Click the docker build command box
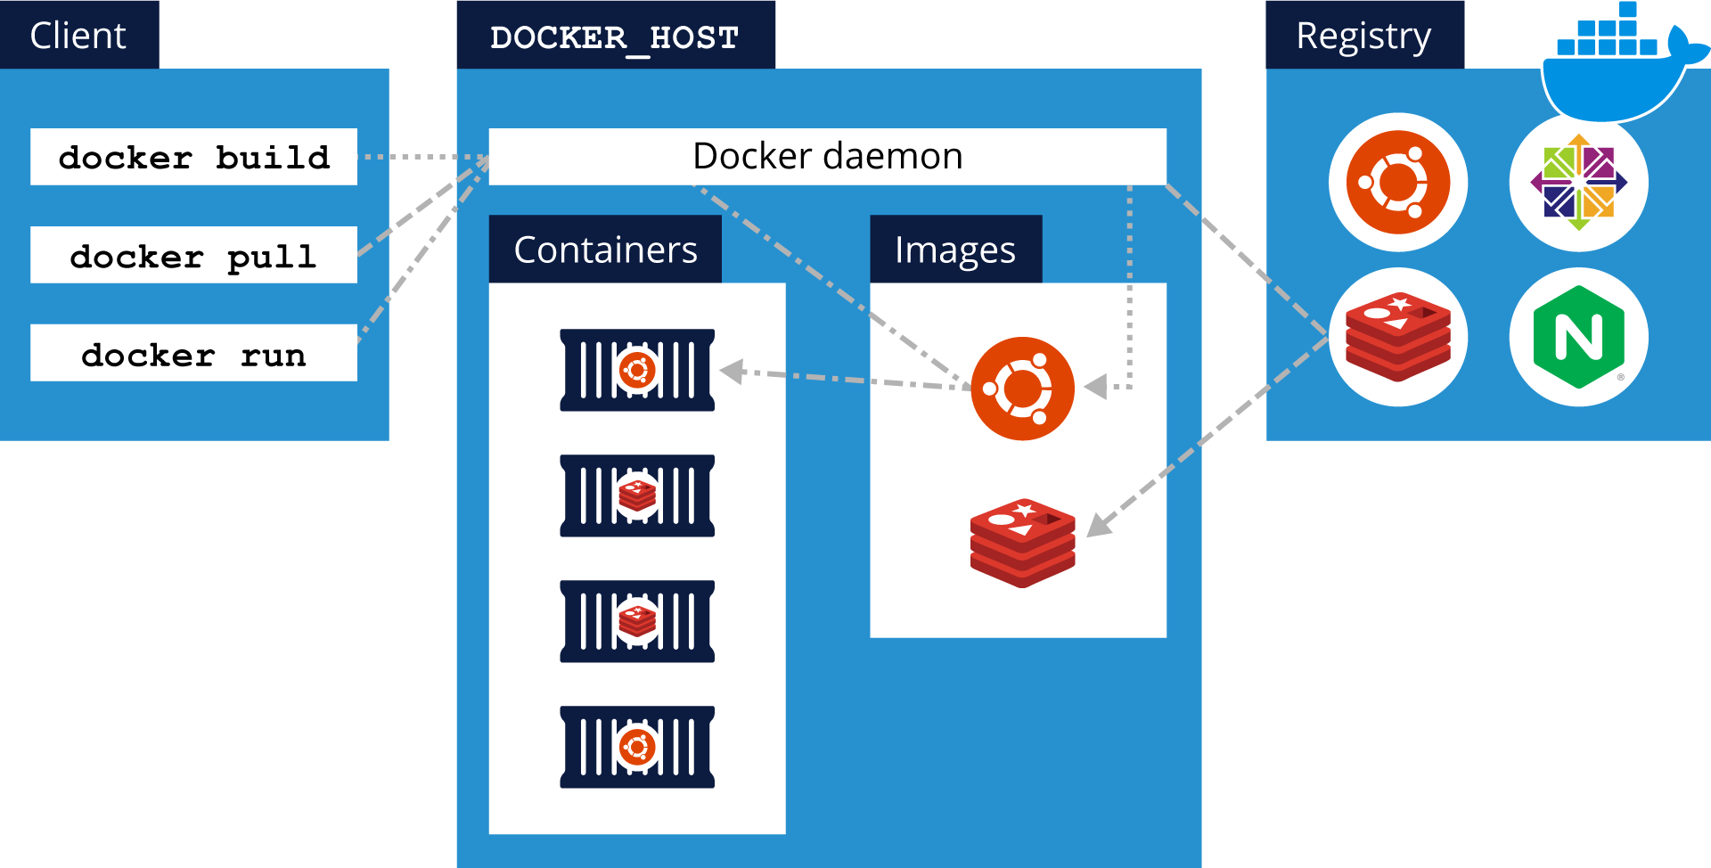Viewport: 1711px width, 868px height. tap(193, 157)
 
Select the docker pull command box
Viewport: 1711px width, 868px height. tap(193, 255)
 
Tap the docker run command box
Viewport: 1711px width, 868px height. tap(193, 353)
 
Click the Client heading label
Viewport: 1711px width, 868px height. tap(78, 36)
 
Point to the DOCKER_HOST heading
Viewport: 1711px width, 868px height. tap(615, 37)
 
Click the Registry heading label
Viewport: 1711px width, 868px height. tap(1363, 36)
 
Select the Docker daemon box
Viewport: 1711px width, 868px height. tap(827, 157)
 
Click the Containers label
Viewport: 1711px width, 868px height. tap(605, 250)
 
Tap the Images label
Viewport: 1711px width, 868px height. tap(955, 250)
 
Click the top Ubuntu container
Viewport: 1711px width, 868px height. tap(637, 370)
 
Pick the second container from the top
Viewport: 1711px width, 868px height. tap(637, 495)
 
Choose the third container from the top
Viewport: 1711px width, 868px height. tap(637, 621)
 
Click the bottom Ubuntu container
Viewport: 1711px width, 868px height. tap(637, 747)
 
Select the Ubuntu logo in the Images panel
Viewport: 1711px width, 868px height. tap(1022, 389)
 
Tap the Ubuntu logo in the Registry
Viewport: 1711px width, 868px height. tap(1397, 182)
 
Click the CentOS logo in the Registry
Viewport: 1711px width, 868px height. tap(1578, 182)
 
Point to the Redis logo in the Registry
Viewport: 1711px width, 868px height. tap(1397, 337)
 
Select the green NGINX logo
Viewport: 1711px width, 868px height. tap(1578, 337)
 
